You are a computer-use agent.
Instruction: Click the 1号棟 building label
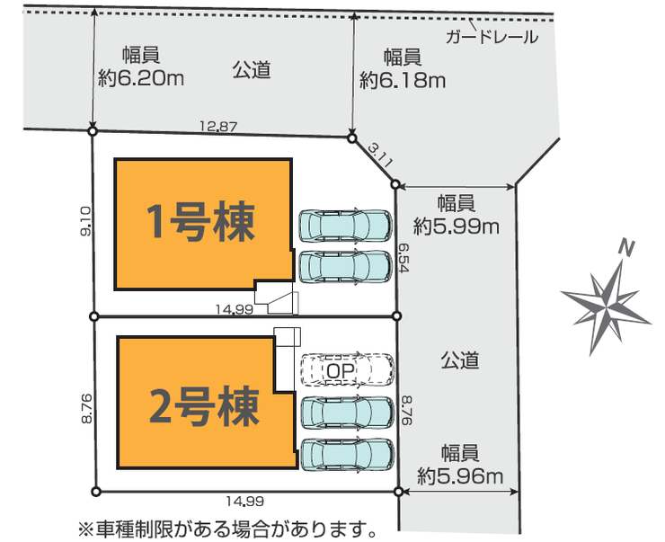[201, 221]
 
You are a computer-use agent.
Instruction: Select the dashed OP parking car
[346, 369]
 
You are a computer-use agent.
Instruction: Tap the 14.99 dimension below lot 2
[244, 502]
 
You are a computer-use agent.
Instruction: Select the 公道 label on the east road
[459, 360]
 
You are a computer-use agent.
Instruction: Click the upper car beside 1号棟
[345, 226]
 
